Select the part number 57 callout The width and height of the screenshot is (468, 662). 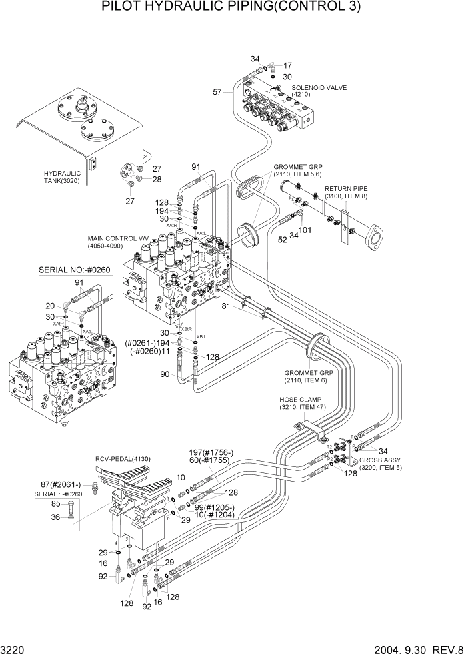click(x=217, y=91)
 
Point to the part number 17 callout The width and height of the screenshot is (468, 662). click(x=287, y=65)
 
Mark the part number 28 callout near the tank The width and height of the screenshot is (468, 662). click(x=157, y=179)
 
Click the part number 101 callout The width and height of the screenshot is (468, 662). click(x=305, y=232)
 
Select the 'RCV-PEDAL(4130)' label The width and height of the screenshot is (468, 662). click(x=123, y=459)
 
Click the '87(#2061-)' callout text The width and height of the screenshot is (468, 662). click(x=61, y=484)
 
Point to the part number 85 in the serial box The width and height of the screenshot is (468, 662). click(x=55, y=503)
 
